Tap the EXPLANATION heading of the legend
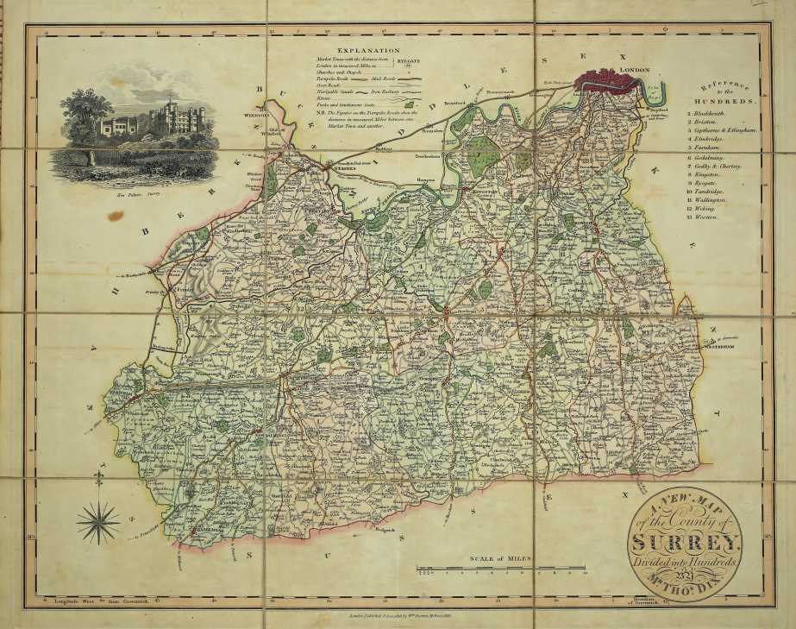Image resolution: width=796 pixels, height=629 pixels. point(368,52)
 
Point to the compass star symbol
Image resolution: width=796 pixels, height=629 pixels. point(97,523)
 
